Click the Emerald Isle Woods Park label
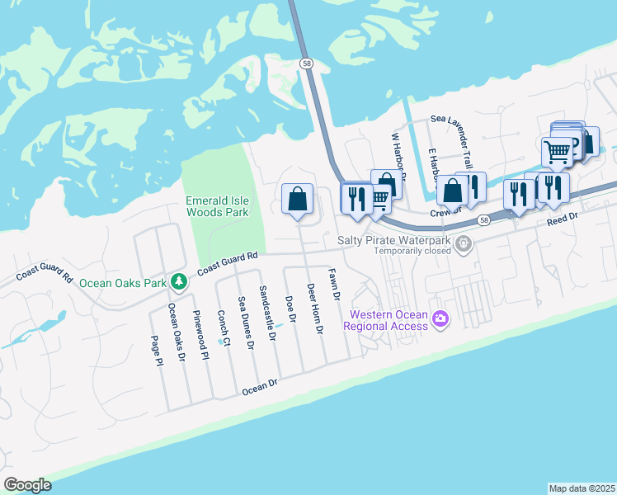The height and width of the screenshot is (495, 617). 217,206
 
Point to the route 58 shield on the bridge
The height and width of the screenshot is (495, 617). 307,63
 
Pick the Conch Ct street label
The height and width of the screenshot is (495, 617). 220,328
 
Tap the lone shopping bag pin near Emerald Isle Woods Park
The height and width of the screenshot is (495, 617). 297,199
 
